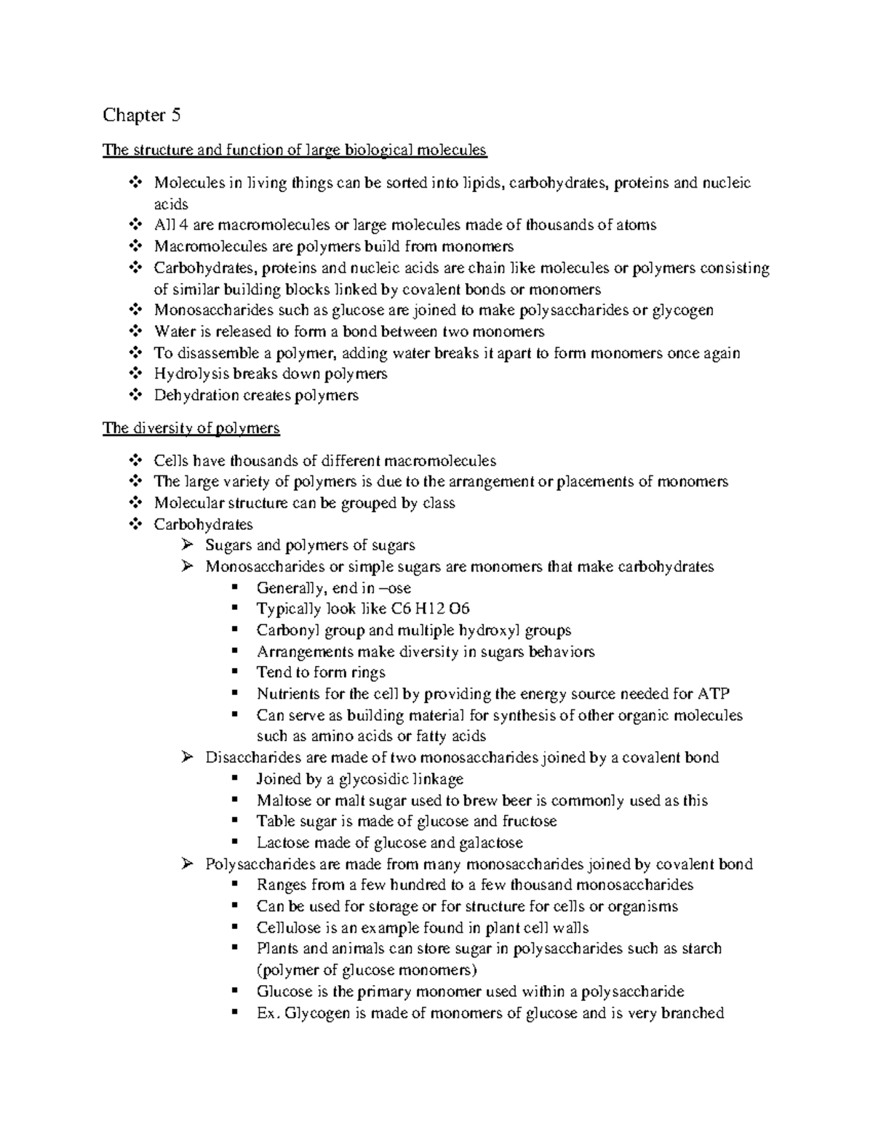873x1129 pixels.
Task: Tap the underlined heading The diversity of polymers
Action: pos(191,427)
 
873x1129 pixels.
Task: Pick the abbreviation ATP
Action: pos(714,694)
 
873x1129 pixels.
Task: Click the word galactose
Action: pos(490,843)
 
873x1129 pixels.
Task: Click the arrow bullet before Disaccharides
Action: pos(187,758)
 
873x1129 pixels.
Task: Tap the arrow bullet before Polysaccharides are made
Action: pos(187,864)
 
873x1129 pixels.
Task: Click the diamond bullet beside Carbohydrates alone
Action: pos(135,524)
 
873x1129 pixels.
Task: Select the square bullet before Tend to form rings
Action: pos(234,672)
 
